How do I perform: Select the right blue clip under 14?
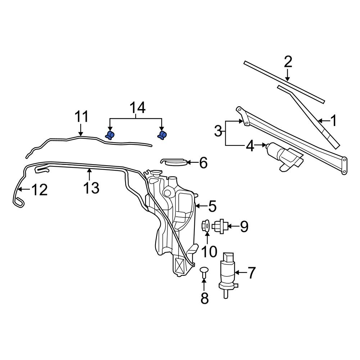(x=162, y=135)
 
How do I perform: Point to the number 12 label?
(x=39, y=190)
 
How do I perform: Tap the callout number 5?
(x=212, y=206)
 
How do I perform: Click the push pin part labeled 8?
(x=204, y=271)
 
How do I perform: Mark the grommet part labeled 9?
(x=219, y=226)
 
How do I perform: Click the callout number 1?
(x=333, y=121)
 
